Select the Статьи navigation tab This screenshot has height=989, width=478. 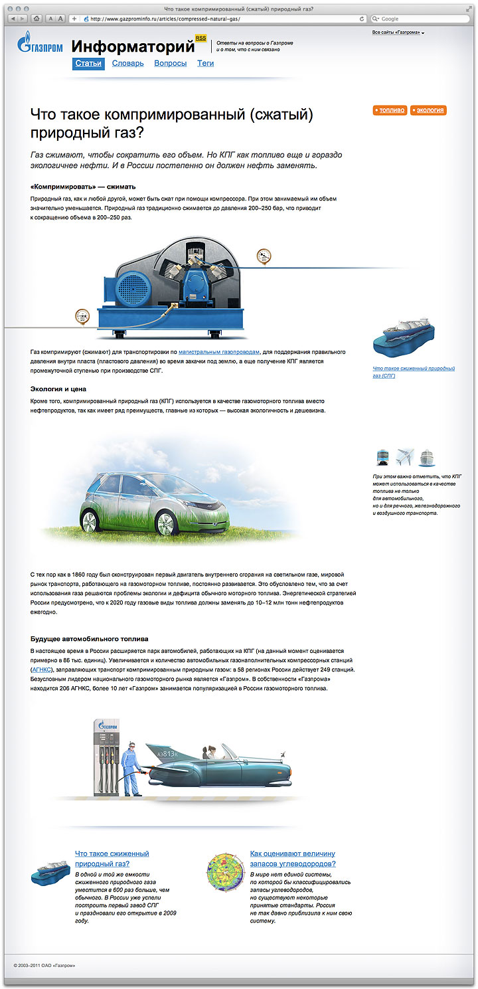tap(88, 64)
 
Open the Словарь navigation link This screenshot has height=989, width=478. tap(127, 64)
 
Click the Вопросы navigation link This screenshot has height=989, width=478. tap(170, 64)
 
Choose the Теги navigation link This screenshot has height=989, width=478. tap(205, 64)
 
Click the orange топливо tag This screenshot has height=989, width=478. tap(390, 110)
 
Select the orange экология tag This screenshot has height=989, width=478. tap(428, 110)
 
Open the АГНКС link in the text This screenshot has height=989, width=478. tap(40, 670)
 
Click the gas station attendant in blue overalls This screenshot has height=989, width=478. tap(132, 765)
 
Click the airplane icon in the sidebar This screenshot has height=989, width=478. tap(404, 458)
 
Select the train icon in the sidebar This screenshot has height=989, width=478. tap(383, 458)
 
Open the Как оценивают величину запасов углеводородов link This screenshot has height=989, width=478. tap(292, 858)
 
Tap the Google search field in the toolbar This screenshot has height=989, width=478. tap(422, 19)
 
